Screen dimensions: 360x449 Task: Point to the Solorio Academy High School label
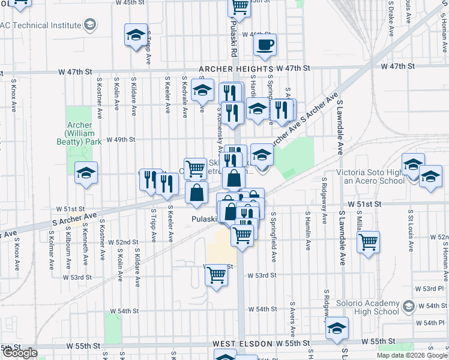tap(367, 307)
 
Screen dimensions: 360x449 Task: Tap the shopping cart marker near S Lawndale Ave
tap(368, 242)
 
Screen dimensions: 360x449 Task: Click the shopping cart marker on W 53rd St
tap(216, 275)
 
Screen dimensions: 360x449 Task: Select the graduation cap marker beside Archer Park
tap(86, 173)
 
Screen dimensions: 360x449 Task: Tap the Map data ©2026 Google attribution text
tap(412, 355)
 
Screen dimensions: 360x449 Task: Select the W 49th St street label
tap(121, 140)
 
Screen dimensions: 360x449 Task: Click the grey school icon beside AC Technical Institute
tap(90, 25)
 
